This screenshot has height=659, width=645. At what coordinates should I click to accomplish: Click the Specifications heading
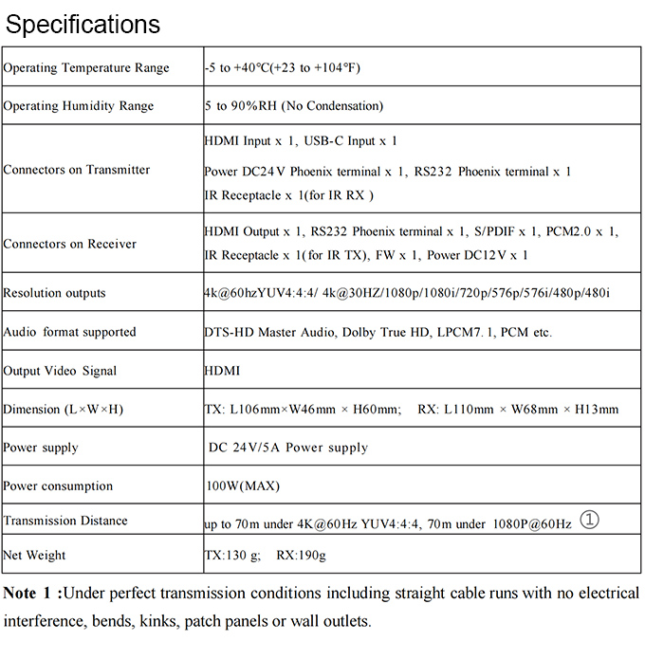(x=83, y=24)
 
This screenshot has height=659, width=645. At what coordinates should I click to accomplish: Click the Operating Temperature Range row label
(x=86, y=68)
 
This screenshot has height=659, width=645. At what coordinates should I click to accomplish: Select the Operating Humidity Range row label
(x=79, y=106)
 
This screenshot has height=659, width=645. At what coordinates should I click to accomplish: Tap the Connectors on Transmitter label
(x=77, y=170)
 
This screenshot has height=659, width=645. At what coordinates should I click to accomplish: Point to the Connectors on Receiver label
(x=70, y=244)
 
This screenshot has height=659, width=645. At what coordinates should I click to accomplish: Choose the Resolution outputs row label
(x=55, y=293)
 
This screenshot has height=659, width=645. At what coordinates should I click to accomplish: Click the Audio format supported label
(x=69, y=332)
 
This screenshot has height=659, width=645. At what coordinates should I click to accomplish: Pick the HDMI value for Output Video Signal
(x=223, y=371)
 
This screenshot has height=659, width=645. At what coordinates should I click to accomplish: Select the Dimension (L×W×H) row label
(x=63, y=410)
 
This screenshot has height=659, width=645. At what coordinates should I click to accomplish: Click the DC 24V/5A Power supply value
(x=288, y=448)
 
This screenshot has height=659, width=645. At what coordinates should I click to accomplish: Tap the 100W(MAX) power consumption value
(x=243, y=486)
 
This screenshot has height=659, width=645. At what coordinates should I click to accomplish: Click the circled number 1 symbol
(x=590, y=520)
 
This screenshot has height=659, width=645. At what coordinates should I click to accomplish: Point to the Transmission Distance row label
(x=65, y=521)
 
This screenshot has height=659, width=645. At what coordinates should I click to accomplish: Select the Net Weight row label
(x=35, y=555)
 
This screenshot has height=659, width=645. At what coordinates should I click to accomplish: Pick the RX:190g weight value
(x=301, y=555)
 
